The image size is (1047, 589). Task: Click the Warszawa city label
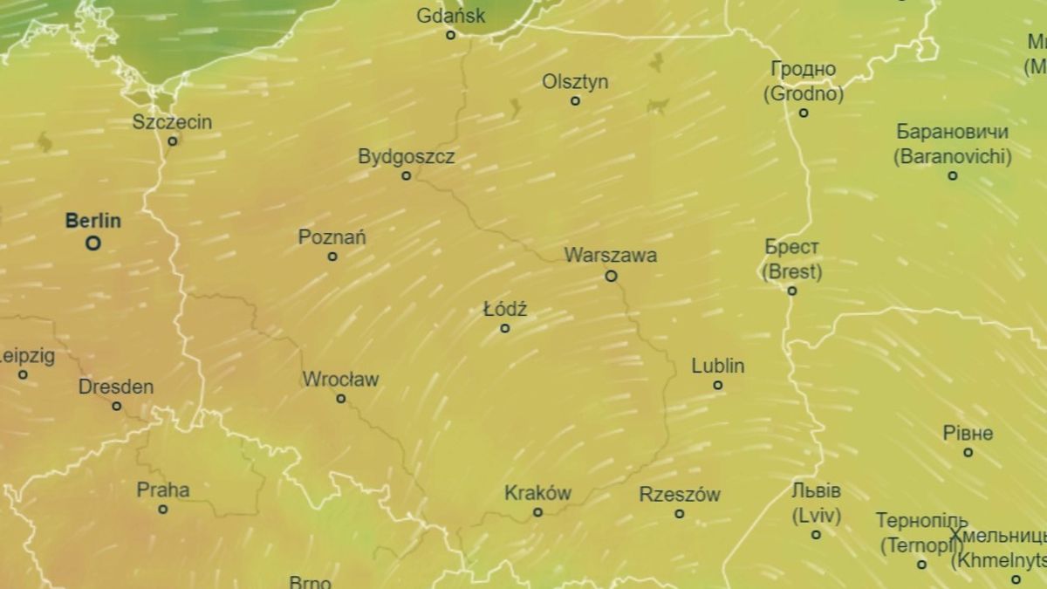[611, 256]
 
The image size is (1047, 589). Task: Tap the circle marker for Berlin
[92, 243]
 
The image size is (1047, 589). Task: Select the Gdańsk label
[451, 16]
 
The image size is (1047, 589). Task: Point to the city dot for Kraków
[537, 512]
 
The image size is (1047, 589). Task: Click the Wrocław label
[340, 380]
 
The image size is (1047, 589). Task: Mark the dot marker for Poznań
[332, 257]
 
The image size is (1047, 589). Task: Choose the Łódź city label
[505, 309]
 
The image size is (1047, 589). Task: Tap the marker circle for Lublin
[718, 385]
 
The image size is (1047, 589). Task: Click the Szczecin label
[172, 121]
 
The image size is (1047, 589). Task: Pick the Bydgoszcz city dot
[406, 175]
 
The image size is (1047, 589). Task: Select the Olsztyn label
[575, 81]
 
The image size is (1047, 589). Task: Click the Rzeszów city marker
[680, 513]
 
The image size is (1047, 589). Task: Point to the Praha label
[162, 490]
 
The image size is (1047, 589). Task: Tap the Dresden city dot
[116, 406]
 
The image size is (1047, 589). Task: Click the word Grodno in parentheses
[804, 93]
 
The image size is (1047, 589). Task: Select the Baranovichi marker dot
[953, 175]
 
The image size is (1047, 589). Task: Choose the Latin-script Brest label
[792, 271]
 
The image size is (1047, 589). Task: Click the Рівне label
[968, 433]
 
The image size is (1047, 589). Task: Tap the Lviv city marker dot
[816, 534]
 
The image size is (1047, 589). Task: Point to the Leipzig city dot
[23, 374]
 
